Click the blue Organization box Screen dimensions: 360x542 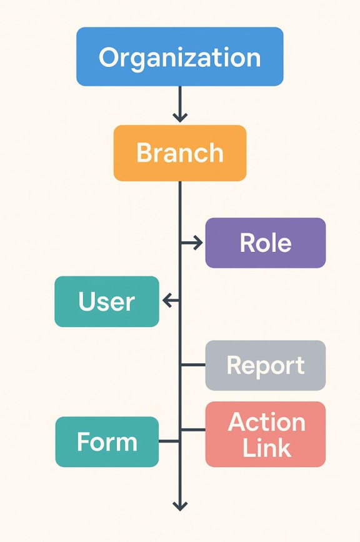point(179,56)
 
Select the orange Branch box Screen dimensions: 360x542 point(180,153)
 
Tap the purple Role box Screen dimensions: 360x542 point(266,243)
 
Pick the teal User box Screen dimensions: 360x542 point(107,301)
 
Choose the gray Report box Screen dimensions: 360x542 point(266,365)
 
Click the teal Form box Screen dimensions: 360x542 point(107,442)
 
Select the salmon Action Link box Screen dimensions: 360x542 point(266,434)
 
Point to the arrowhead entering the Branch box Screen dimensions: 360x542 point(180,118)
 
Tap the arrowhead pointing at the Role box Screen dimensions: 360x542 point(199,243)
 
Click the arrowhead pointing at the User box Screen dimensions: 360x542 point(167,300)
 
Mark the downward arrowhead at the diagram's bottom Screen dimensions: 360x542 point(180,506)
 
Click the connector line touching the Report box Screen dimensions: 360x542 point(192,364)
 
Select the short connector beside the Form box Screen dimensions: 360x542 point(169,441)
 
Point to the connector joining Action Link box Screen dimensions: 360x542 point(192,429)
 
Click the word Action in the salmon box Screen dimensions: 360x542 point(267,422)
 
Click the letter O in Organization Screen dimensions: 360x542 point(109,57)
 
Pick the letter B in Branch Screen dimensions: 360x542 point(145,152)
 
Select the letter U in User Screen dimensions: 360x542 point(87,301)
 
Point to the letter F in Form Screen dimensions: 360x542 point(83,441)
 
